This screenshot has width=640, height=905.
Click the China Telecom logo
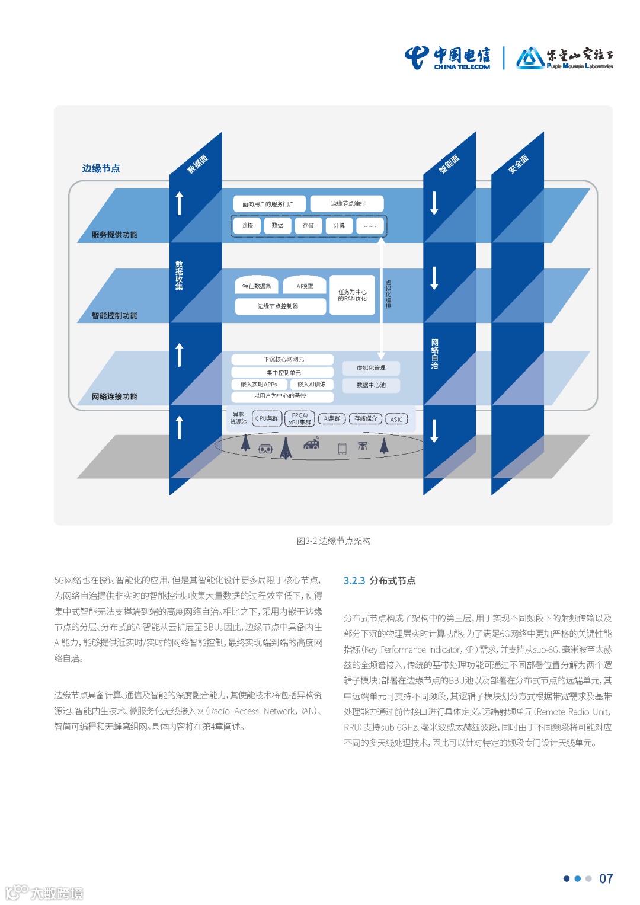pyautogui.click(x=447, y=58)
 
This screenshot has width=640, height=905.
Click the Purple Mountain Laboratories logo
pyautogui.click(x=564, y=58)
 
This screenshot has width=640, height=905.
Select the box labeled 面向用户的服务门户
pyautogui.click(x=269, y=204)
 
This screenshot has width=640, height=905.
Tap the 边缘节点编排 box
pyautogui.click(x=347, y=203)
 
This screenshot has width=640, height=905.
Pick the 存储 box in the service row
pyautogui.click(x=308, y=225)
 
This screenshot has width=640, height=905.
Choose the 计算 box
pyautogui.click(x=339, y=225)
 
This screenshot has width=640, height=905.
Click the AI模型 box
pyautogui.click(x=305, y=285)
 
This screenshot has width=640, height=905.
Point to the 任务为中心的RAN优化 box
pyautogui.click(x=353, y=295)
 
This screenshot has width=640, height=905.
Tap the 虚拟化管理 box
pyautogui.click(x=371, y=368)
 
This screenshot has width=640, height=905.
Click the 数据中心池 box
pyautogui.click(x=371, y=385)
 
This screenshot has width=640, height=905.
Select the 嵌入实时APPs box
pyautogui.click(x=259, y=385)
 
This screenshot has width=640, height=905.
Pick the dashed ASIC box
pyautogui.click(x=396, y=419)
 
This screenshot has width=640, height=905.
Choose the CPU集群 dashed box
pyautogui.click(x=267, y=418)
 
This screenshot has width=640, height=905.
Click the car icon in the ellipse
pyautogui.click(x=311, y=443)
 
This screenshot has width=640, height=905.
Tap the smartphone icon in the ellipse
pyautogui.click(x=342, y=449)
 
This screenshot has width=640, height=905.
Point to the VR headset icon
pyautogui.click(x=265, y=449)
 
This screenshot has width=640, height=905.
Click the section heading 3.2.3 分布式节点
pyautogui.click(x=380, y=581)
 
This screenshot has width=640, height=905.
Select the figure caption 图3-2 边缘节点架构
pyautogui.click(x=334, y=541)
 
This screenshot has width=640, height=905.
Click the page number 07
pyautogui.click(x=606, y=878)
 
